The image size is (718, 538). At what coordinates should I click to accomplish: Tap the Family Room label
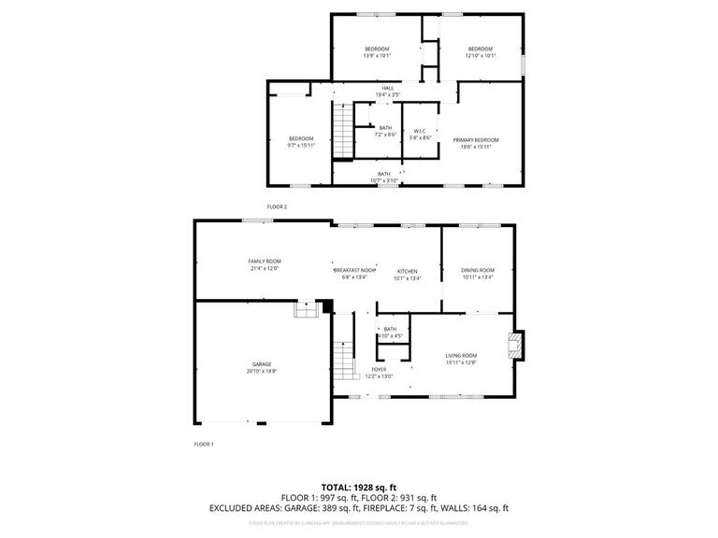[265, 262]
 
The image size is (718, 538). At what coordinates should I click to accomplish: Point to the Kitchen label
[407, 271]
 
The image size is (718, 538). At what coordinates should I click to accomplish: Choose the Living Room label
[461, 355]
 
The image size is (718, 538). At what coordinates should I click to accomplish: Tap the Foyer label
[379, 369]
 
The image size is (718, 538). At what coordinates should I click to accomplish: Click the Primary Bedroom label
[476, 140]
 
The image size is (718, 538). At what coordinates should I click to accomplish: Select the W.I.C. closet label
[421, 131]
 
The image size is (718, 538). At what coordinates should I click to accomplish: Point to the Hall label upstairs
[361, 88]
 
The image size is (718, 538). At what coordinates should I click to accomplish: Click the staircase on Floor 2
[341, 131]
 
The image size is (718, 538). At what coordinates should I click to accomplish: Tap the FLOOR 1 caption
[204, 445]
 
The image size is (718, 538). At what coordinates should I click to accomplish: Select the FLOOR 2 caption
[277, 205]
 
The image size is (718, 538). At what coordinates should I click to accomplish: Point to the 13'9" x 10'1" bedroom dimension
[377, 55]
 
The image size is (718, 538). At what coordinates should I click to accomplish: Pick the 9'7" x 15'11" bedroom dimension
[301, 145]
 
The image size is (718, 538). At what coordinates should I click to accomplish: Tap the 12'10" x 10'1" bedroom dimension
[481, 55]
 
